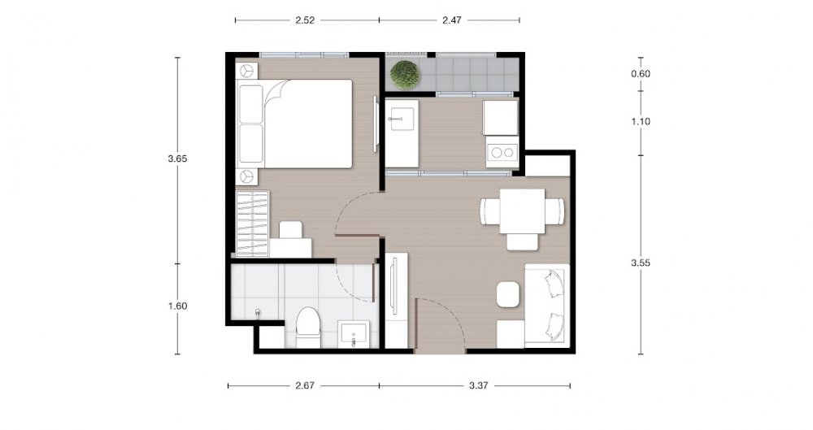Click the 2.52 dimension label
pyautogui.click(x=305, y=20)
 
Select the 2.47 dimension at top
pyautogui.click(x=451, y=20)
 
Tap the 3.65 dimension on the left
pyautogui.click(x=177, y=159)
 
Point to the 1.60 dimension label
pyautogui.click(x=177, y=306)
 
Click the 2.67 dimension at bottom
pyautogui.click(x=304, y=385)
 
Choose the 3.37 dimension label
pyautogui.click(x=478, y=385)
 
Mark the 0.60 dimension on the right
pyautogui.click(x=641, y=74)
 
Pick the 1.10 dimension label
pyautogui.click(x=641, y=121)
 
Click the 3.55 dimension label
pyautogui.click(x=641, y=263)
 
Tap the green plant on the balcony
pyautogui.click(x=406, y=74)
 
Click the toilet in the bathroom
pyautogui.click(x=308, y=327)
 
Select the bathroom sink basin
pyautogui.click(x=354, y=334)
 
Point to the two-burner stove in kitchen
pyautogui.click(x=502, y=152)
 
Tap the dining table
pyautogui.click(x=522, y=211)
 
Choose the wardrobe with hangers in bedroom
pyautogui.click(x=253, y=224)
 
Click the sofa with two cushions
pyautogui.click(x=547, y=303)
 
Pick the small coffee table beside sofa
pyautogui.click(x=508, y=294)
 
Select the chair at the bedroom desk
pyautogui.click(x=291, y=230)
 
